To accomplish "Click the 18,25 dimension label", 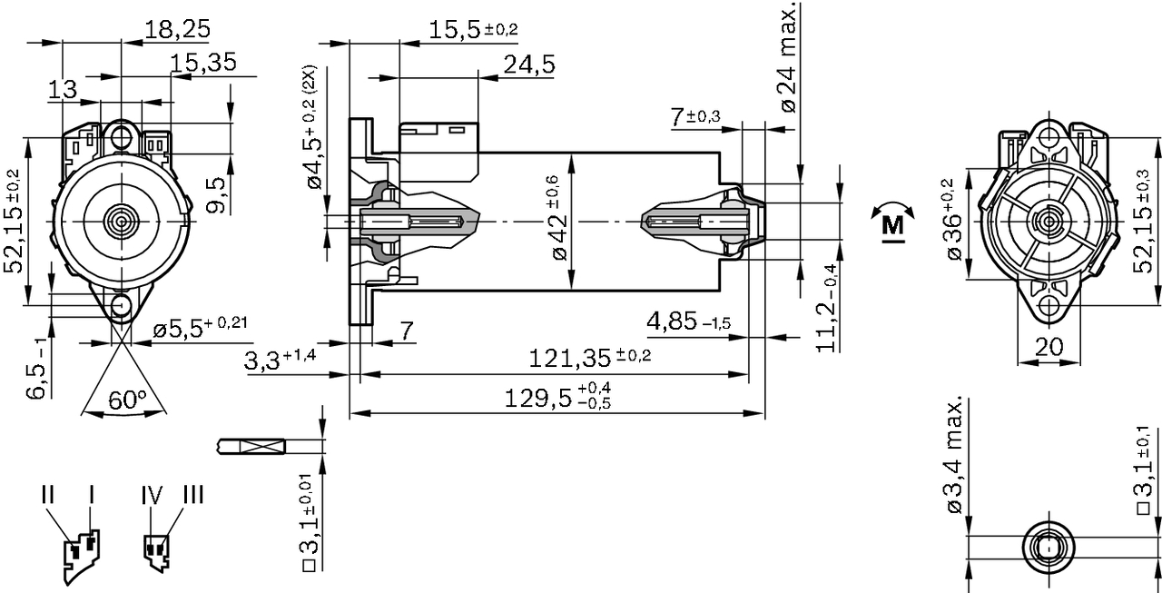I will click(178, 29).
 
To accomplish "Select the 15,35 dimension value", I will click(203, 63).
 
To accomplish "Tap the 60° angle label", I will click(127, 399).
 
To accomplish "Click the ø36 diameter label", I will click(953, 223).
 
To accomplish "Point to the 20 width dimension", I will click(1049, 347).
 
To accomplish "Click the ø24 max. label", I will click(787, 57).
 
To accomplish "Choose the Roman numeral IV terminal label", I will click(152, 496).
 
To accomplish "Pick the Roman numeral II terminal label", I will click(49, 496).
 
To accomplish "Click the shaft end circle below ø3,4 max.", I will click(1049, 548).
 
